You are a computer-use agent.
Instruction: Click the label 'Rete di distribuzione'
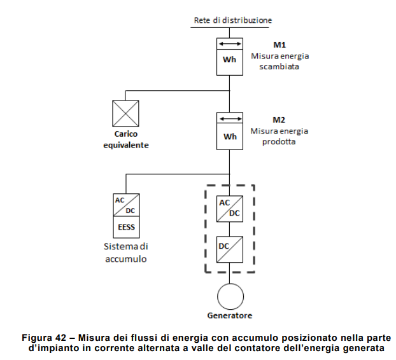click(x=232, y=20)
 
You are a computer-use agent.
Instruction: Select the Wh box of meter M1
click(x=229, y=60)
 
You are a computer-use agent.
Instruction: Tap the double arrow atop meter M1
click(x=229, y=44)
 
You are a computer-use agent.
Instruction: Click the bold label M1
click(x=278, y=45)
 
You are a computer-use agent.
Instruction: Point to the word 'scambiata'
click(x=278, y=66)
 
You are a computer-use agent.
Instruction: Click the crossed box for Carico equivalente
click(x=125, y=114)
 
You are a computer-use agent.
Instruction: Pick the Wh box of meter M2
click(x=229, y=136)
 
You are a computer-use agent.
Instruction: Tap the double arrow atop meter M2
click(x=229, y=119)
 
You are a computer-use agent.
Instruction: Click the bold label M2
click(x=278, y=120)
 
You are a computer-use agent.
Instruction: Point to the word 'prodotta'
click(x=278, y=141)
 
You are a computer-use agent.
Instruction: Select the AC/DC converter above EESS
click(x=126, y=206)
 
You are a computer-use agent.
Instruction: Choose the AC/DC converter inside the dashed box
click(x=229, y=209)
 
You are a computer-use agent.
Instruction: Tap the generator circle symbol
click(x=229, y=295)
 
